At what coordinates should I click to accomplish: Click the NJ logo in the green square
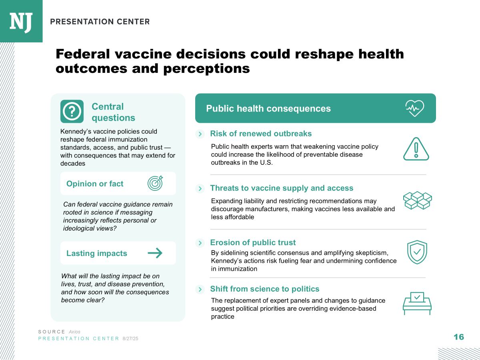pyautogui.click(x=21, y=22)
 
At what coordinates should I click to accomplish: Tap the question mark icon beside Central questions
pyautogui.click(x=72, y=111)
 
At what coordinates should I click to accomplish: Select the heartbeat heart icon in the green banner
pyautogui.click(x=414, y=108)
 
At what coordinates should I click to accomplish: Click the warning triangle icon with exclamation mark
pyautogui.click(x=416, y=149)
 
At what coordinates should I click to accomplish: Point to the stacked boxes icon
pyautogui.click(x=417, y=200)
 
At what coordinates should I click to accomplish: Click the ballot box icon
pyautogui.click(x=417, y=303)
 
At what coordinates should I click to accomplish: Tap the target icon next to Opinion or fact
pyautogui.click(x=155, y=183)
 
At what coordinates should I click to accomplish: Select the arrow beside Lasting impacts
pyautogui.click(x=155, y=253)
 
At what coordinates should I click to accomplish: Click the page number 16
pyautogui.click(x=459, y=337)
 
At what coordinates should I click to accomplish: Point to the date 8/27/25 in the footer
pyautogui.click(x=130, y=339)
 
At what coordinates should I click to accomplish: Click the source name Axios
pyautogui.click(x=74, y=332)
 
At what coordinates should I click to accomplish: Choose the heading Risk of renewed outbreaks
pyautogui.click(x=261, y=134)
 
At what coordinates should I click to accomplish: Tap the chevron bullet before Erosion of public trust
pyautogui.click(x=200, y=243)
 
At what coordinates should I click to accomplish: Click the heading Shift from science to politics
pyautogui.click(x=265, y=289)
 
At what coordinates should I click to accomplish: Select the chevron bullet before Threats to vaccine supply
pyautogui.click(x=200, y=188)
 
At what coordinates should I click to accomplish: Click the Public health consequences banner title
pyautogui.click(x=268, y=108)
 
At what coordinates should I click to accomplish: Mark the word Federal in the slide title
pyautogui.click(x=84, y=54)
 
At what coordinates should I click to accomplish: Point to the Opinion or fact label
pyautogui.click(x=95, y=184)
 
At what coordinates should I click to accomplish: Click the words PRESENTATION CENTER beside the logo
pyautogui.click(x=100, y=22)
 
